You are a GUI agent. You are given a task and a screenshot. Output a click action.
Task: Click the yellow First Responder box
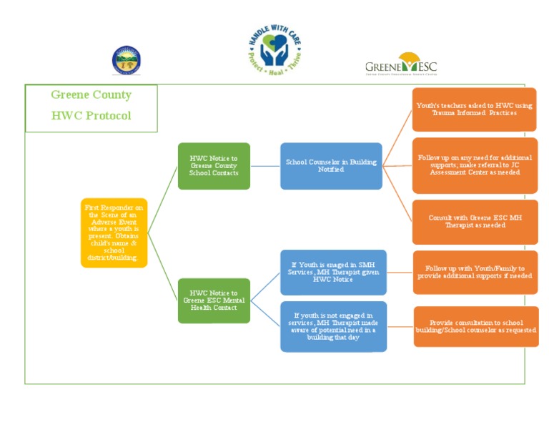click(114, 233)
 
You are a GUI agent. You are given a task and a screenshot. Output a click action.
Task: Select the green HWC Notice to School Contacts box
click(214, 166)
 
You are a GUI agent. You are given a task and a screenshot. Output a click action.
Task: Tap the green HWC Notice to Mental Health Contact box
click(214, 301)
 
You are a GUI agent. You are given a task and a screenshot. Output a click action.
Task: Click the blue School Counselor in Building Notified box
click(331, 166)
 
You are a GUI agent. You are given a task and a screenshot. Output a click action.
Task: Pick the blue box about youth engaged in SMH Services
click(333, 273)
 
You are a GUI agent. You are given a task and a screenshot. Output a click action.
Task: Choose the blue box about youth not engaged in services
click(333, 326)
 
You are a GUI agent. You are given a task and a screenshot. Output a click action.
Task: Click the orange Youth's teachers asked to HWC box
click(475, 109)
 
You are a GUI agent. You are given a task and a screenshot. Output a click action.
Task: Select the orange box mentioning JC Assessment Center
click(475, 165)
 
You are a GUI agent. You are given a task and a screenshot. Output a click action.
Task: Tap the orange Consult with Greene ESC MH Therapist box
click(475, 222)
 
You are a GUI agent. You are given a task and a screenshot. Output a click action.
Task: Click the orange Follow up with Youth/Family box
click(475, 273)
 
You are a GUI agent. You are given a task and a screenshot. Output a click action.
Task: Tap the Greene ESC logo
click(401, 64)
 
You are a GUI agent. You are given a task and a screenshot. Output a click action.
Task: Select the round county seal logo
click(126, 61)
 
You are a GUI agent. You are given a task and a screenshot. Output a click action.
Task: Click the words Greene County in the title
click(91, 95)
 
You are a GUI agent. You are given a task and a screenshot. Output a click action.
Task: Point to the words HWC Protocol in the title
click(91, 116)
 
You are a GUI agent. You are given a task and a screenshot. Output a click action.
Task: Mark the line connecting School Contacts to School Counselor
click(265, 166)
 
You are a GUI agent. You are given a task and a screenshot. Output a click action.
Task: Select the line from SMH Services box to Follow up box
click(400, 273)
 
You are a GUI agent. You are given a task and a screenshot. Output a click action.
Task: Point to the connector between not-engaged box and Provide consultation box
click(400, 326)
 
